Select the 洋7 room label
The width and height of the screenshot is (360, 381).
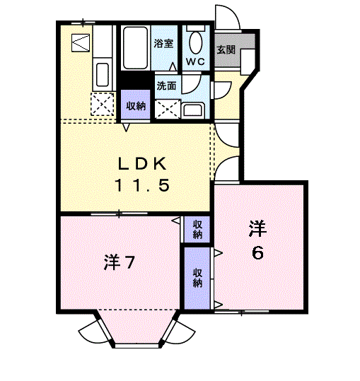point(120,262)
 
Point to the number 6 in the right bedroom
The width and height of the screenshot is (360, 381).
point(259,252)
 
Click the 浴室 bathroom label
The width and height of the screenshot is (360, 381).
point(164,44)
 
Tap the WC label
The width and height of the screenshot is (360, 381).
point(195,61)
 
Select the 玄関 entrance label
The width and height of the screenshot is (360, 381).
point(226,50)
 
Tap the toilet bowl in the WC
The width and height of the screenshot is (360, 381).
point(196,42)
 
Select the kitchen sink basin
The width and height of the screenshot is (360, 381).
point(101,73)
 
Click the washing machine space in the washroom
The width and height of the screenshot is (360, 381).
point(167,108)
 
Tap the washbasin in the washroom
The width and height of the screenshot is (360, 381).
point(192,110)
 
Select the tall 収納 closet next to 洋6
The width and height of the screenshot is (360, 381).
point(197,277)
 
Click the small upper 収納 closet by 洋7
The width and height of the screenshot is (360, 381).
point(197,228)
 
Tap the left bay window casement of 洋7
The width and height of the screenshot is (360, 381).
point(91,331)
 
